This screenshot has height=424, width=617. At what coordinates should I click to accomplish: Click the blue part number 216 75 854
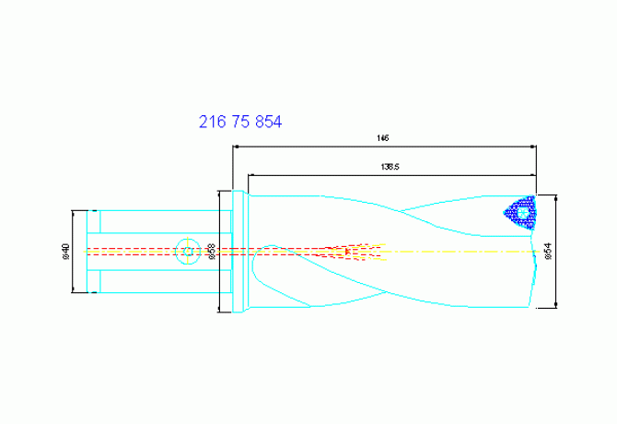(240, 122)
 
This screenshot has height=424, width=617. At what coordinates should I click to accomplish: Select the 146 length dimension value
(383, 137)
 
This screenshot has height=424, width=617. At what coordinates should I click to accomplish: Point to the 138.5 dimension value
(389, 168)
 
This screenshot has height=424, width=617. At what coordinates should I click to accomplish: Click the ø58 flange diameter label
(212, 251)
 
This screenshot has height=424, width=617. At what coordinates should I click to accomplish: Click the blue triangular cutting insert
(520, 214)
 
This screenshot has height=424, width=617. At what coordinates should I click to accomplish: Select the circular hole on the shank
(188, 251)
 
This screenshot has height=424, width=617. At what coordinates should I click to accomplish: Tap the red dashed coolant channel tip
(347, 251)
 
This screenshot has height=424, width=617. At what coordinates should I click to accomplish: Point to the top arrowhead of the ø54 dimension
(560, 197)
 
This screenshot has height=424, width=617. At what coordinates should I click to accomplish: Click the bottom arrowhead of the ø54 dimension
(560, 306)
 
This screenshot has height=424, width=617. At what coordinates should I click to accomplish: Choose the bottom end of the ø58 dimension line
(219, 311)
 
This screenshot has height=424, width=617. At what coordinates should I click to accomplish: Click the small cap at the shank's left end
(93, 251)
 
